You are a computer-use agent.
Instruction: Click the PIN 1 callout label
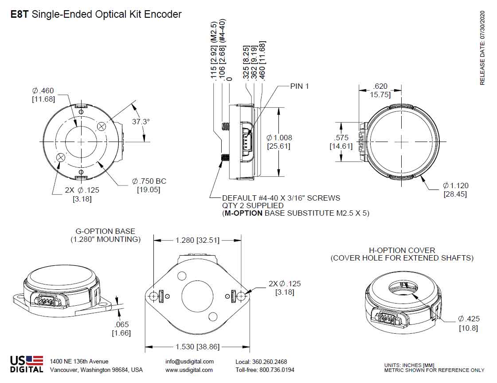299,86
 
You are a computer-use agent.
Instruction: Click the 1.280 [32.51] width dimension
197,240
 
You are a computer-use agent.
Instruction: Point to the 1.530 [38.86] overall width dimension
197,347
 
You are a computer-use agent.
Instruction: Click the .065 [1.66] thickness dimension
121,328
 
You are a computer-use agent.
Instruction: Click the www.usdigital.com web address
189,370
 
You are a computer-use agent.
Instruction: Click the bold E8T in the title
20,14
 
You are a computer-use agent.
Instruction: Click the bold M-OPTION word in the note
244,213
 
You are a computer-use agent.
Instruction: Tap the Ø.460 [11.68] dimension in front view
43,95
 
